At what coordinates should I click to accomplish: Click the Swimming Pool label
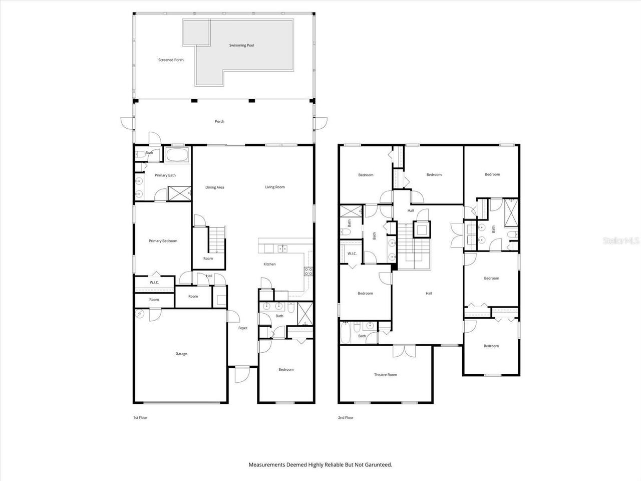coord(242,46)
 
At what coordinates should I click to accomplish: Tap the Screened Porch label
coord(171,60)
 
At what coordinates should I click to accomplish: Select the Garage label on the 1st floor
coord(181,354)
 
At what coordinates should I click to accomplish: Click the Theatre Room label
coord(385,375)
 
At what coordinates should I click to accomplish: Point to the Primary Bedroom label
coord(163,241)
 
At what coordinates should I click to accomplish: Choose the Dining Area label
coord(214,187)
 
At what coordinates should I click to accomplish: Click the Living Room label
coord(275,187)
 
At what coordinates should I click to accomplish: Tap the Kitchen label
coord(269,264)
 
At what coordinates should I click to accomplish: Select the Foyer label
coord(242,328)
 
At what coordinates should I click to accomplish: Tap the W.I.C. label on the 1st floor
coord(154,283)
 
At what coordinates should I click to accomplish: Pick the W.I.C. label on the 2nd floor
coord(352,254)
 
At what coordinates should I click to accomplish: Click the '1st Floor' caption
coord(140,417)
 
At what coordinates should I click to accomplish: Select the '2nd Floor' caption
coord(346,417)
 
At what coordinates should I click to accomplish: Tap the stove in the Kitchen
coord(308,272)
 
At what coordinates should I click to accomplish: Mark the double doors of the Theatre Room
coord(404,351)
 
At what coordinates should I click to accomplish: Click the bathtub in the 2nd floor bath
coord(347,332)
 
